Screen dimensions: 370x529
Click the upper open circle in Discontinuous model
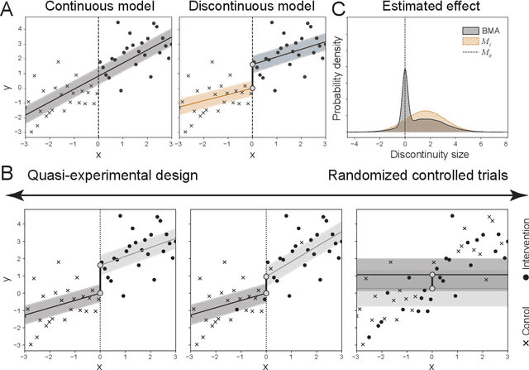point(252,64)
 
